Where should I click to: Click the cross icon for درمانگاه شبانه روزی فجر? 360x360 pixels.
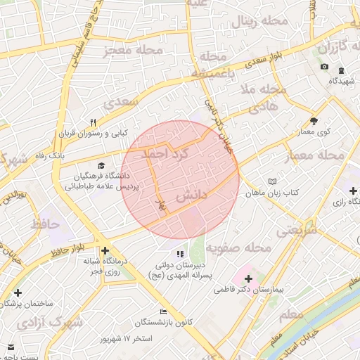105,250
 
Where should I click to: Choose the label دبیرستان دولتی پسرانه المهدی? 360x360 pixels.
180,271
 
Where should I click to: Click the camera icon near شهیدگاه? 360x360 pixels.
324,67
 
